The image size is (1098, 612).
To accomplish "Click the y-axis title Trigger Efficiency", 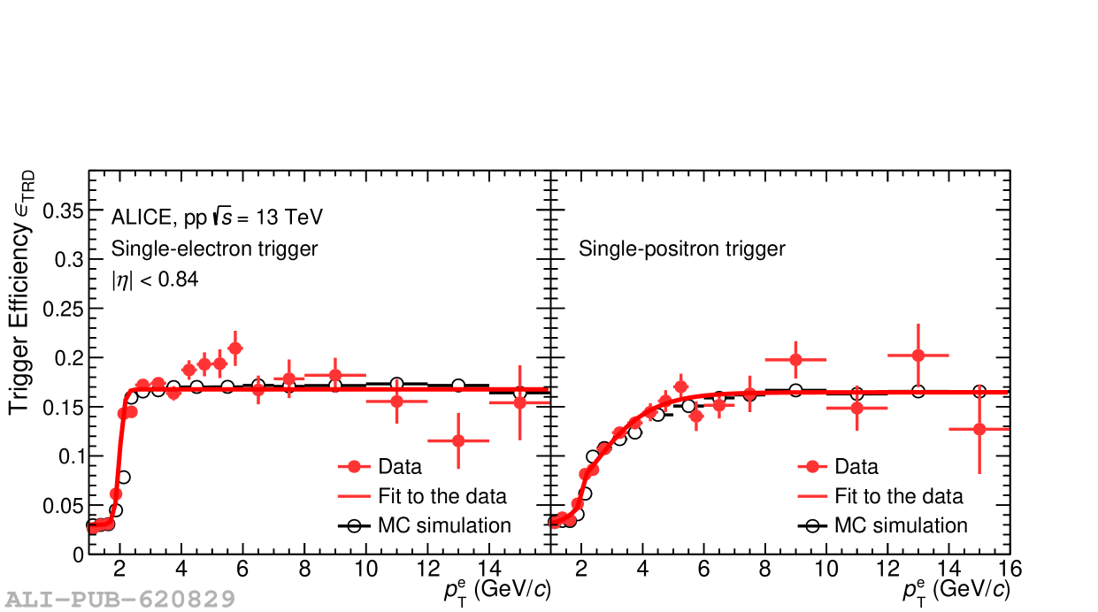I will (22, 293).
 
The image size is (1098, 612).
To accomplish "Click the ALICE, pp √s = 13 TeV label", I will (217, 217).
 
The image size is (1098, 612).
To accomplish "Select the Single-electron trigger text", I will (214, 249).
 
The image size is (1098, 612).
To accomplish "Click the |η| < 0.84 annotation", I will (154, 280).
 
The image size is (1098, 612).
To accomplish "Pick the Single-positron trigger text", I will (681, 249).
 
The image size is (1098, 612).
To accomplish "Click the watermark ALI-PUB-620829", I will (119, 600).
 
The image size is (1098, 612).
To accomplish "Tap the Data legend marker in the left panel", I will (354, 467).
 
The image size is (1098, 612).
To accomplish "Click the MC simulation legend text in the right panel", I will (901, 525).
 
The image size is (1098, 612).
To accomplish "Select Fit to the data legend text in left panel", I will (442, 496).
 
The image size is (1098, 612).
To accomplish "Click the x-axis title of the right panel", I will (956, 591).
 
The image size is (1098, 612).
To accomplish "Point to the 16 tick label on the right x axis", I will (1010, 568).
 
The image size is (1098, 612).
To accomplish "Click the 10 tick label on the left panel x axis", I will (365, 568).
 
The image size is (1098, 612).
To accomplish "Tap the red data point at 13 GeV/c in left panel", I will (458, 440).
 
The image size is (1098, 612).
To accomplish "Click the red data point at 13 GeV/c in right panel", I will (918, 356).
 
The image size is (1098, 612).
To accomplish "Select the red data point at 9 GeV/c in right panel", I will (795, 359).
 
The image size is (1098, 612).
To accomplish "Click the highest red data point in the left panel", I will (235, 348).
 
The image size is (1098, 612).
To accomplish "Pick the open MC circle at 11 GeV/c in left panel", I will (396, 384).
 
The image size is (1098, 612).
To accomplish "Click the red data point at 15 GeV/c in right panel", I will (979, 429).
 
